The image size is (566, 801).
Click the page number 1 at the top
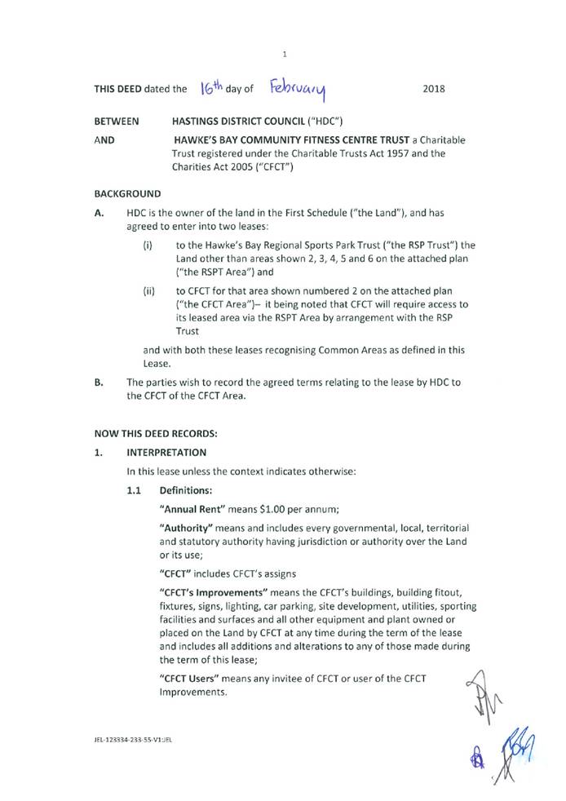click(x=284, y=54)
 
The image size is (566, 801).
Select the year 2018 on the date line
click(x=434, y=89)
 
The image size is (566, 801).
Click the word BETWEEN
click(x=117, y=122)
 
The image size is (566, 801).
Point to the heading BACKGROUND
click(x=127, y=194)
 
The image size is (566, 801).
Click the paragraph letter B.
click(x=99, y=382)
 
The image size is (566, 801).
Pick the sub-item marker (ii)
click(x=149, y=290)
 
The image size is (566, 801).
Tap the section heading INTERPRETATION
click(x=166, y=452)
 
